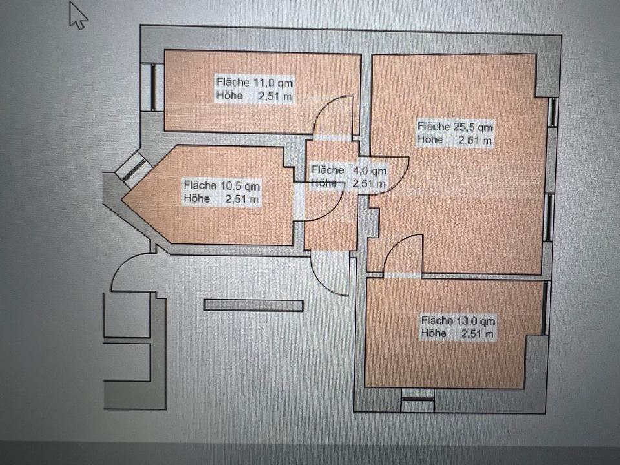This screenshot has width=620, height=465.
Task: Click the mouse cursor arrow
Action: [x=78, y=15]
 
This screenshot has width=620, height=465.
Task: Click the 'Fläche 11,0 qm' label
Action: [x=254, y=82]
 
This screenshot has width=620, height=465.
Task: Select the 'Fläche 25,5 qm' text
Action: [x=455, y=127]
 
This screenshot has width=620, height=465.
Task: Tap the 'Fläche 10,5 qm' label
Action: [x=222, y=185]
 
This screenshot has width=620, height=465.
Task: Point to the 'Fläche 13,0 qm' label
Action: [x=458, y=321]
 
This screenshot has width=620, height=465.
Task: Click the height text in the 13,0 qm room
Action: [x=457, y=334]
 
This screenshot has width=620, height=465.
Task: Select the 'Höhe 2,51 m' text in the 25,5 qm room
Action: [x=454, y=139]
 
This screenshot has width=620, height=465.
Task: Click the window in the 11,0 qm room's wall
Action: [x=153, y=87]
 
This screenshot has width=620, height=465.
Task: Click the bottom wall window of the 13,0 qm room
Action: [x=418, y=399]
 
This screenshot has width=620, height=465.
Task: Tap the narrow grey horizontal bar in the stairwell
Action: [x=253, y=305]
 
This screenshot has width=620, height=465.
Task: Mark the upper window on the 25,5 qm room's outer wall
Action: [x=553, y=112]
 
